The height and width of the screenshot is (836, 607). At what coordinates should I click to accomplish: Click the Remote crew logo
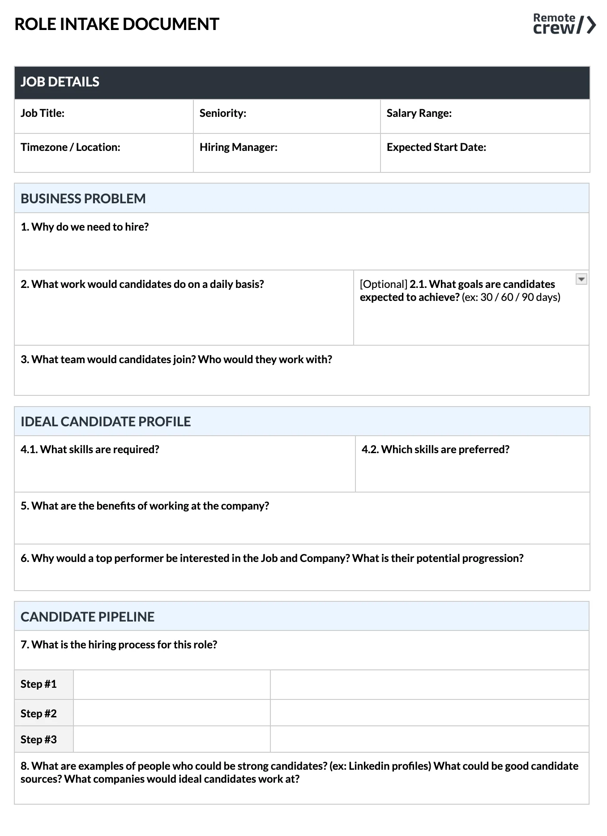point(564,24)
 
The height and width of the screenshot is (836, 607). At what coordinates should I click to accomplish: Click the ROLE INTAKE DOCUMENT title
point(117,24)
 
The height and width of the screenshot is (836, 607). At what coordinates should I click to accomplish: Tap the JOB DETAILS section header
point(60,82)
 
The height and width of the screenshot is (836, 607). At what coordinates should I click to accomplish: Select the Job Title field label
point(43,113)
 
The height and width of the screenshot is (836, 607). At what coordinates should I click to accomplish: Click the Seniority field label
point(222,113)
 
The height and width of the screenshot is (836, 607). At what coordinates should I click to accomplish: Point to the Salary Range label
point(419,113)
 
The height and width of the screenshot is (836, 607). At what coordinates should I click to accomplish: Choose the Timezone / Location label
point(70,147)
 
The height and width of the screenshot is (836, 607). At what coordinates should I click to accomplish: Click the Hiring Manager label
point(238,147)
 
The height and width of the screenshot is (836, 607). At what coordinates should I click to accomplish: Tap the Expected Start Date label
point(436,147)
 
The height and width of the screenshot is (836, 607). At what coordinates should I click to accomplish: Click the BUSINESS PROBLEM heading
point(83,198)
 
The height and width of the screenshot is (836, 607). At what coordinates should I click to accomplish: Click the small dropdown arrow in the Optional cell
point(581,279)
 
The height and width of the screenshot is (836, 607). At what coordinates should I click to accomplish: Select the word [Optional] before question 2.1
point(383,284)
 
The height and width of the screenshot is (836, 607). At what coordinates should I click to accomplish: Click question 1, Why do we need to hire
point(85,227)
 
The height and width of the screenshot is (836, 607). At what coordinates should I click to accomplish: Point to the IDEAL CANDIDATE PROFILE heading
point(106,421)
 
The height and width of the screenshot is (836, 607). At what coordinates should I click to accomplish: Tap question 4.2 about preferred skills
point(435,450)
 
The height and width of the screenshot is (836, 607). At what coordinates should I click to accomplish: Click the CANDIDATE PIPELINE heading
point(87,617)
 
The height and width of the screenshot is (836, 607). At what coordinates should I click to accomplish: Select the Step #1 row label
point(38,684)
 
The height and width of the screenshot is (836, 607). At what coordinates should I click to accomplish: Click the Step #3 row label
point(38,739)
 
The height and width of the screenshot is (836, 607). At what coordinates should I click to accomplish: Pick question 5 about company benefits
point(145,506)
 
